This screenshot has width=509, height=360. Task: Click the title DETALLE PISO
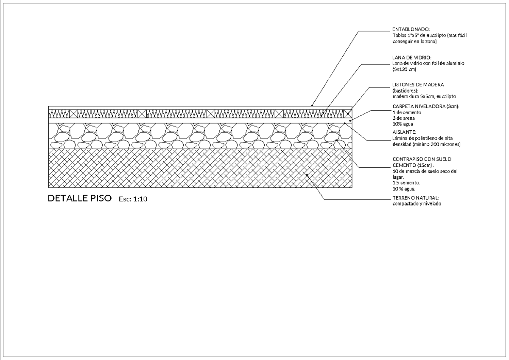(x=80, y=198)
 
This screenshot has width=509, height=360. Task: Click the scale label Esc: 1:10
(x=133, y=199)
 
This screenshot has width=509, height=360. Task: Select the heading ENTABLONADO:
(x=411, y=29)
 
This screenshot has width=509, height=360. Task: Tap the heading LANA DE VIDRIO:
(x=412, y=58)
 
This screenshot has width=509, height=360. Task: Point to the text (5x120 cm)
(x=404, y=69)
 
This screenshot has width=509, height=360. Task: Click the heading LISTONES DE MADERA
(x=418, y=84)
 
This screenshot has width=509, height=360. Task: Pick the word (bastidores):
(x=406, y=90)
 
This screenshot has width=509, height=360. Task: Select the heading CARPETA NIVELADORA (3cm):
(x=426, y=107)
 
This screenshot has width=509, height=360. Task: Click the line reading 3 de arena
(x=403, y=118)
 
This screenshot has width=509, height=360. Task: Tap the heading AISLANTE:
(x=404, y=132)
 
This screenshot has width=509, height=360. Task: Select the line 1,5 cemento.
(x=406, y=183)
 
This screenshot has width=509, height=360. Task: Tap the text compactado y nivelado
(x=417, y=204)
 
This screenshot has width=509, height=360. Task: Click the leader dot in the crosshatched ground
(x=307, y=174)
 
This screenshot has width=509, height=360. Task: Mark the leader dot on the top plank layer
(x=312, y=105)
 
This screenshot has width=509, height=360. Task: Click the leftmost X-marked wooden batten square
(x=73, y=114)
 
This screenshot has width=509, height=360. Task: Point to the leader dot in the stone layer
(x=336, y=140)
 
